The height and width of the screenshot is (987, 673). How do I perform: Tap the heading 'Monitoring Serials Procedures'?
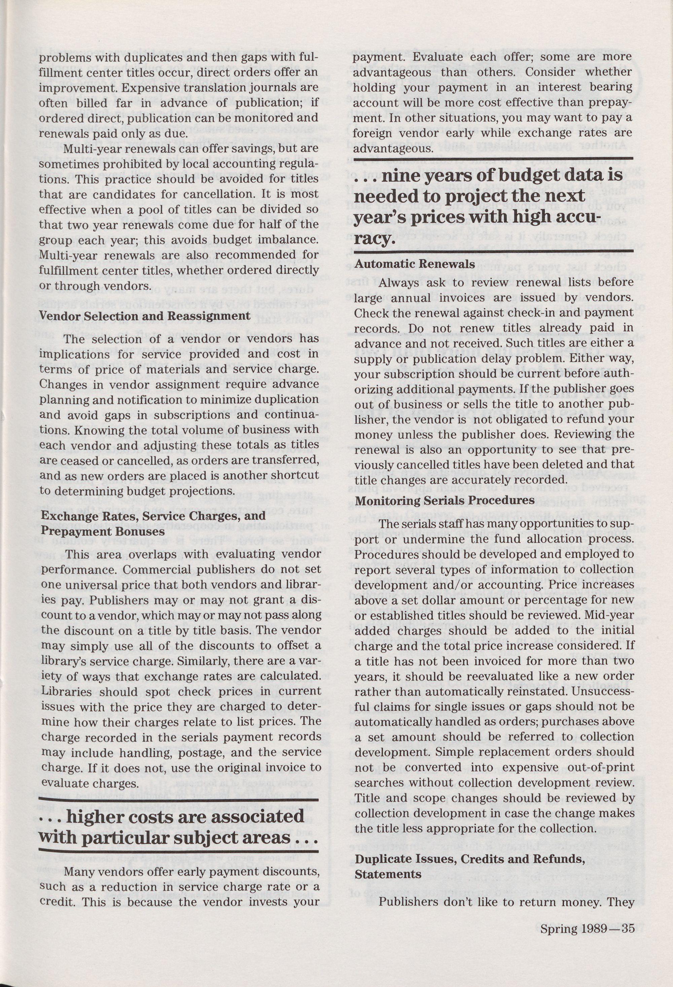pyautogui.click(x=444, y=500)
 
